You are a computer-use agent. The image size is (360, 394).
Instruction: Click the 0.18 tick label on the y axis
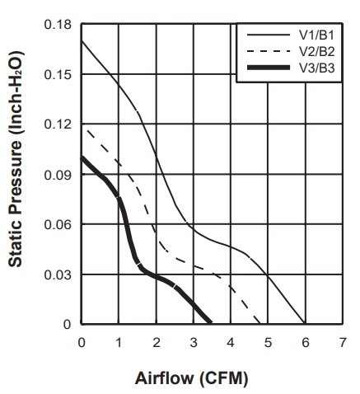click(54, 25)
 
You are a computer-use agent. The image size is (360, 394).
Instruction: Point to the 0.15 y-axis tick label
click(54, 74)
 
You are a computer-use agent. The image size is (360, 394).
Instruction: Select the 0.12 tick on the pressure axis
click(54, 124)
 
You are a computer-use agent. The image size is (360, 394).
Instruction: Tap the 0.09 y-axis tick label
click(54, 175)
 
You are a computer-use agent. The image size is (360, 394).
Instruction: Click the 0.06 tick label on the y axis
click(54, 224)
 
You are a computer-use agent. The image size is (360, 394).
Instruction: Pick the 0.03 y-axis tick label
click(54, 274)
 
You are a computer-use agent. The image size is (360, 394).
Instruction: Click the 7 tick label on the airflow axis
click(343, 343)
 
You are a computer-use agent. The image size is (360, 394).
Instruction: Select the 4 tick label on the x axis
click(231, 343)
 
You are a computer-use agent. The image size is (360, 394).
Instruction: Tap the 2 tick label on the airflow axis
click(157, 343)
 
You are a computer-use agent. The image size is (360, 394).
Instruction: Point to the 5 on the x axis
click(268, 343)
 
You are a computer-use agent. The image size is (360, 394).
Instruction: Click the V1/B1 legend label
click(317, 35)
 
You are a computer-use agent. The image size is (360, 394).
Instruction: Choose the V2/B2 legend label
click(317, 51)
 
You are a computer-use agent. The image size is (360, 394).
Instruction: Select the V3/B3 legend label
click(317, 68)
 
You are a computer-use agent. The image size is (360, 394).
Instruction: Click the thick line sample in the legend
click(269, 68)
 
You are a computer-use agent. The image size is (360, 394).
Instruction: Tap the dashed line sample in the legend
click(269, 51)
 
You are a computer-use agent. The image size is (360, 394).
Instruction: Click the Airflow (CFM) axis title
click(191, 378)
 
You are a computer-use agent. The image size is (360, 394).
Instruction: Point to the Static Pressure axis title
click(16, 159)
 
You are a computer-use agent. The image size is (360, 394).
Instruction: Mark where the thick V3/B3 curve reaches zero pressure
click(211, 323)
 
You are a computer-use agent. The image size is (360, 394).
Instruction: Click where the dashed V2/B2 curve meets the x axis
click(259, 323)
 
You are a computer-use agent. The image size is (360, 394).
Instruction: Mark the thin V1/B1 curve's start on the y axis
click(82, 41)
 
